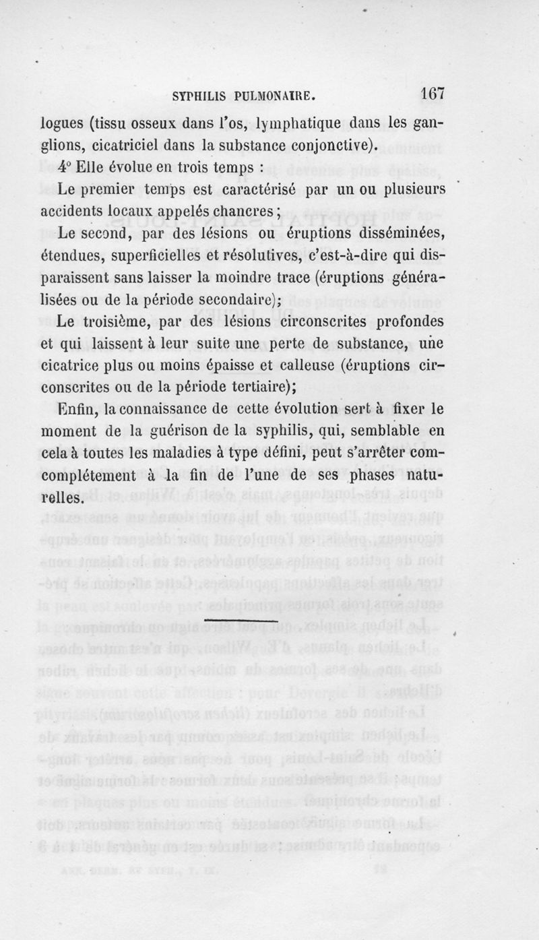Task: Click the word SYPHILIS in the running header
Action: coord(199,95)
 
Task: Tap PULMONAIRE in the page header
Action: coord(272,95)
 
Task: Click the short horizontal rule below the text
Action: coord(242,619)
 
